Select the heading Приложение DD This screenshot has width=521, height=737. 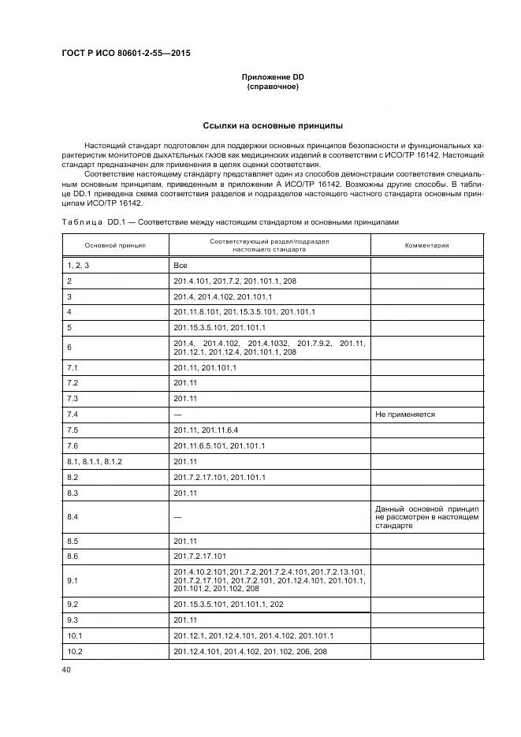click(272, 76)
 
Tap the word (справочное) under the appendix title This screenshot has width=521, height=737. click(272, 87)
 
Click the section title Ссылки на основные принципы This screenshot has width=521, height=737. click(272, 125)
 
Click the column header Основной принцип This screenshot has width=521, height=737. click(115, 245)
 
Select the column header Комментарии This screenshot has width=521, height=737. click(426, 245)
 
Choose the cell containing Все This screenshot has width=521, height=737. click(180, 266)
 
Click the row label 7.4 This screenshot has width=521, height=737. click(73, 414)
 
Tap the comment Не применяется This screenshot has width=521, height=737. click(406, 414)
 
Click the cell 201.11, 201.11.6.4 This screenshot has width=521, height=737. click(205, 430)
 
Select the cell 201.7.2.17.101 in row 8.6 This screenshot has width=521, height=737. click(199, 556)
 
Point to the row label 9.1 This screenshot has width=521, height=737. click(73, 581)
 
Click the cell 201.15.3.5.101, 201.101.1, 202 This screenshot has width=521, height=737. click(228, 605)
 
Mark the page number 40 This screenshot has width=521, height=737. click(65, 669)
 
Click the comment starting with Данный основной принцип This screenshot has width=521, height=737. click(426, 516)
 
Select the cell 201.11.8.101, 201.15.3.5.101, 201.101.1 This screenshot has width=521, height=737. click(244, 311)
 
